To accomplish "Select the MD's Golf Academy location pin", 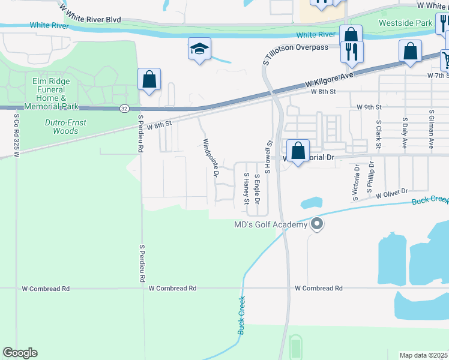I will point(318,225).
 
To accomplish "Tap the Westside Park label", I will point(405,23).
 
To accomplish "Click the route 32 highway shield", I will point(124,108).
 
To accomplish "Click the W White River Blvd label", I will point(90,14).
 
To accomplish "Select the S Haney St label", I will point(246,189).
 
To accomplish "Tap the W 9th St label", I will point(369,107).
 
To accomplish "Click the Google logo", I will point(20,353).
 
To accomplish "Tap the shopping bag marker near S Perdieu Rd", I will point(149,80).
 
